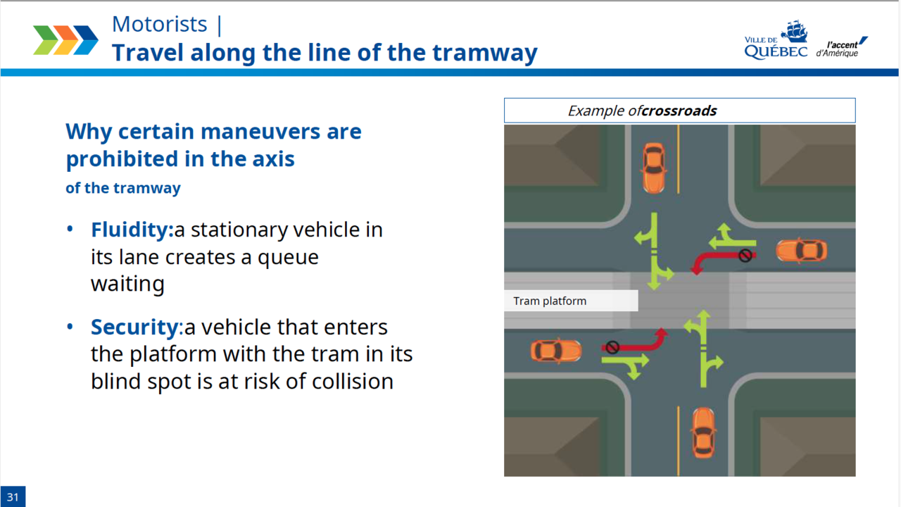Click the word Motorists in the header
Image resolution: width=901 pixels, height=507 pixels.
159,25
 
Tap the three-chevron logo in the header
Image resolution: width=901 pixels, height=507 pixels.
65,40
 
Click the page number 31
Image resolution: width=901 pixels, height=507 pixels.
13,496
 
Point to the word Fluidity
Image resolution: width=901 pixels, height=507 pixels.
132,230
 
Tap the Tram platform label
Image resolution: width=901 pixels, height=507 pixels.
550,301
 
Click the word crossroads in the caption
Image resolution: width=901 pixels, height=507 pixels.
679,111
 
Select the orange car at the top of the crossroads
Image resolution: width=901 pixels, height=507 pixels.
653,168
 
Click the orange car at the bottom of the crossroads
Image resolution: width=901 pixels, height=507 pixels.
702,431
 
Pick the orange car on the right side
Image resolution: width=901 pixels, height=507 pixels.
801,251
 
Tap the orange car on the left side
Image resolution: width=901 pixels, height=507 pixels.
556,350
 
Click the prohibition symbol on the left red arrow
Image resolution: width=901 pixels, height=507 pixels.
612,347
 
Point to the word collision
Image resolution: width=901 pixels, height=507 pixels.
353,382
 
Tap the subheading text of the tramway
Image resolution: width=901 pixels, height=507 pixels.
123,189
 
